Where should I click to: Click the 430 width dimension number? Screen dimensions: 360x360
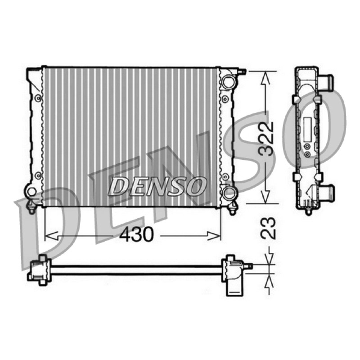pos(136,234)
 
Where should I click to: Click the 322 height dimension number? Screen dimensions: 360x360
pos(267,139)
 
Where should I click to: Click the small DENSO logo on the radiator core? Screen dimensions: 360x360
pos(156,186)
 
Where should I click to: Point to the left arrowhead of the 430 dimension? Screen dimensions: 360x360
pos(51,236)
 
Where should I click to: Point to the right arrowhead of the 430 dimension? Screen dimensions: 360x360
pos(214,236)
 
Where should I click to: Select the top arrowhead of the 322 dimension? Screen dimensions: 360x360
pos(265,78)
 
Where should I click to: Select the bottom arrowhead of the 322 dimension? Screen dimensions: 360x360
pos(265,197)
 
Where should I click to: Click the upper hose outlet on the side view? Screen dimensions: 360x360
pos(326,82)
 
